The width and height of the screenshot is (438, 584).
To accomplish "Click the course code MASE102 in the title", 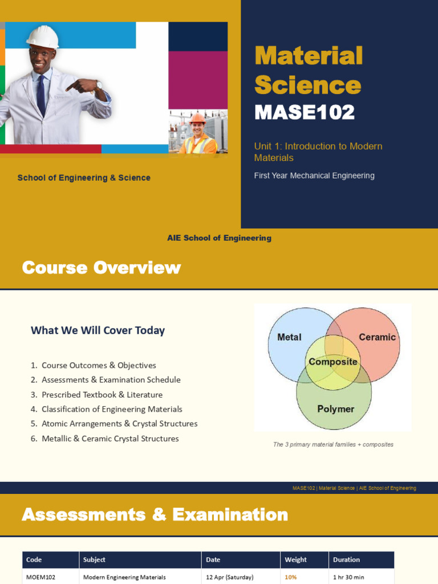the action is (305, 112).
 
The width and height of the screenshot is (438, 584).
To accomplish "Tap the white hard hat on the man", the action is (43, 37).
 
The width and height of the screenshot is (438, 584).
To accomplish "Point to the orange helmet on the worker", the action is (197, 118).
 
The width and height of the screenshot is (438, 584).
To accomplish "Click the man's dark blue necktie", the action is (41, 95).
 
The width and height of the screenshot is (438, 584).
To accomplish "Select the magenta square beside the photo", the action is (198, 80).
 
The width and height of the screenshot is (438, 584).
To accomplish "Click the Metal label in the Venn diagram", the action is (289, 337).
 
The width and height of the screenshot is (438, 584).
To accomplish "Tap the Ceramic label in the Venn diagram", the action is (377, 337).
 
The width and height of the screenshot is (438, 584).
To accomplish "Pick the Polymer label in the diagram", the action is (335, 409).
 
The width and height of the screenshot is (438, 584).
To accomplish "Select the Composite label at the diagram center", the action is (333, 362).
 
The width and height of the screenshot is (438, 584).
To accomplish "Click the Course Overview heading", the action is (102, 267).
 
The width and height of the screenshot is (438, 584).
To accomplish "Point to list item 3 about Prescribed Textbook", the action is (97, 395).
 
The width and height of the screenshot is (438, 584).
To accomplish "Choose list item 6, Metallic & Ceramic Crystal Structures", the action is (105, 439).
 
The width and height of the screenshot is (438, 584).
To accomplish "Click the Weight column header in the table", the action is (296, 559).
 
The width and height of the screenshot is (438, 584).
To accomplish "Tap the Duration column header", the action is (346, 559).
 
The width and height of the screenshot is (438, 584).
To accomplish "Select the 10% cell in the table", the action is (291, 577).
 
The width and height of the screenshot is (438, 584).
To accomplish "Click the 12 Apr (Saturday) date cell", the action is (230, 577).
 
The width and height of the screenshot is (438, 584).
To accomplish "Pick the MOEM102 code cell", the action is (40, 577).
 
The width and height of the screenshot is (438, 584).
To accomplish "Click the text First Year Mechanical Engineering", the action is (314, 176).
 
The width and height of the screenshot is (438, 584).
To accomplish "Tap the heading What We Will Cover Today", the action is (98, 330).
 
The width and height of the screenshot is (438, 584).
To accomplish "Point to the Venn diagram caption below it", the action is (333, 444).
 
